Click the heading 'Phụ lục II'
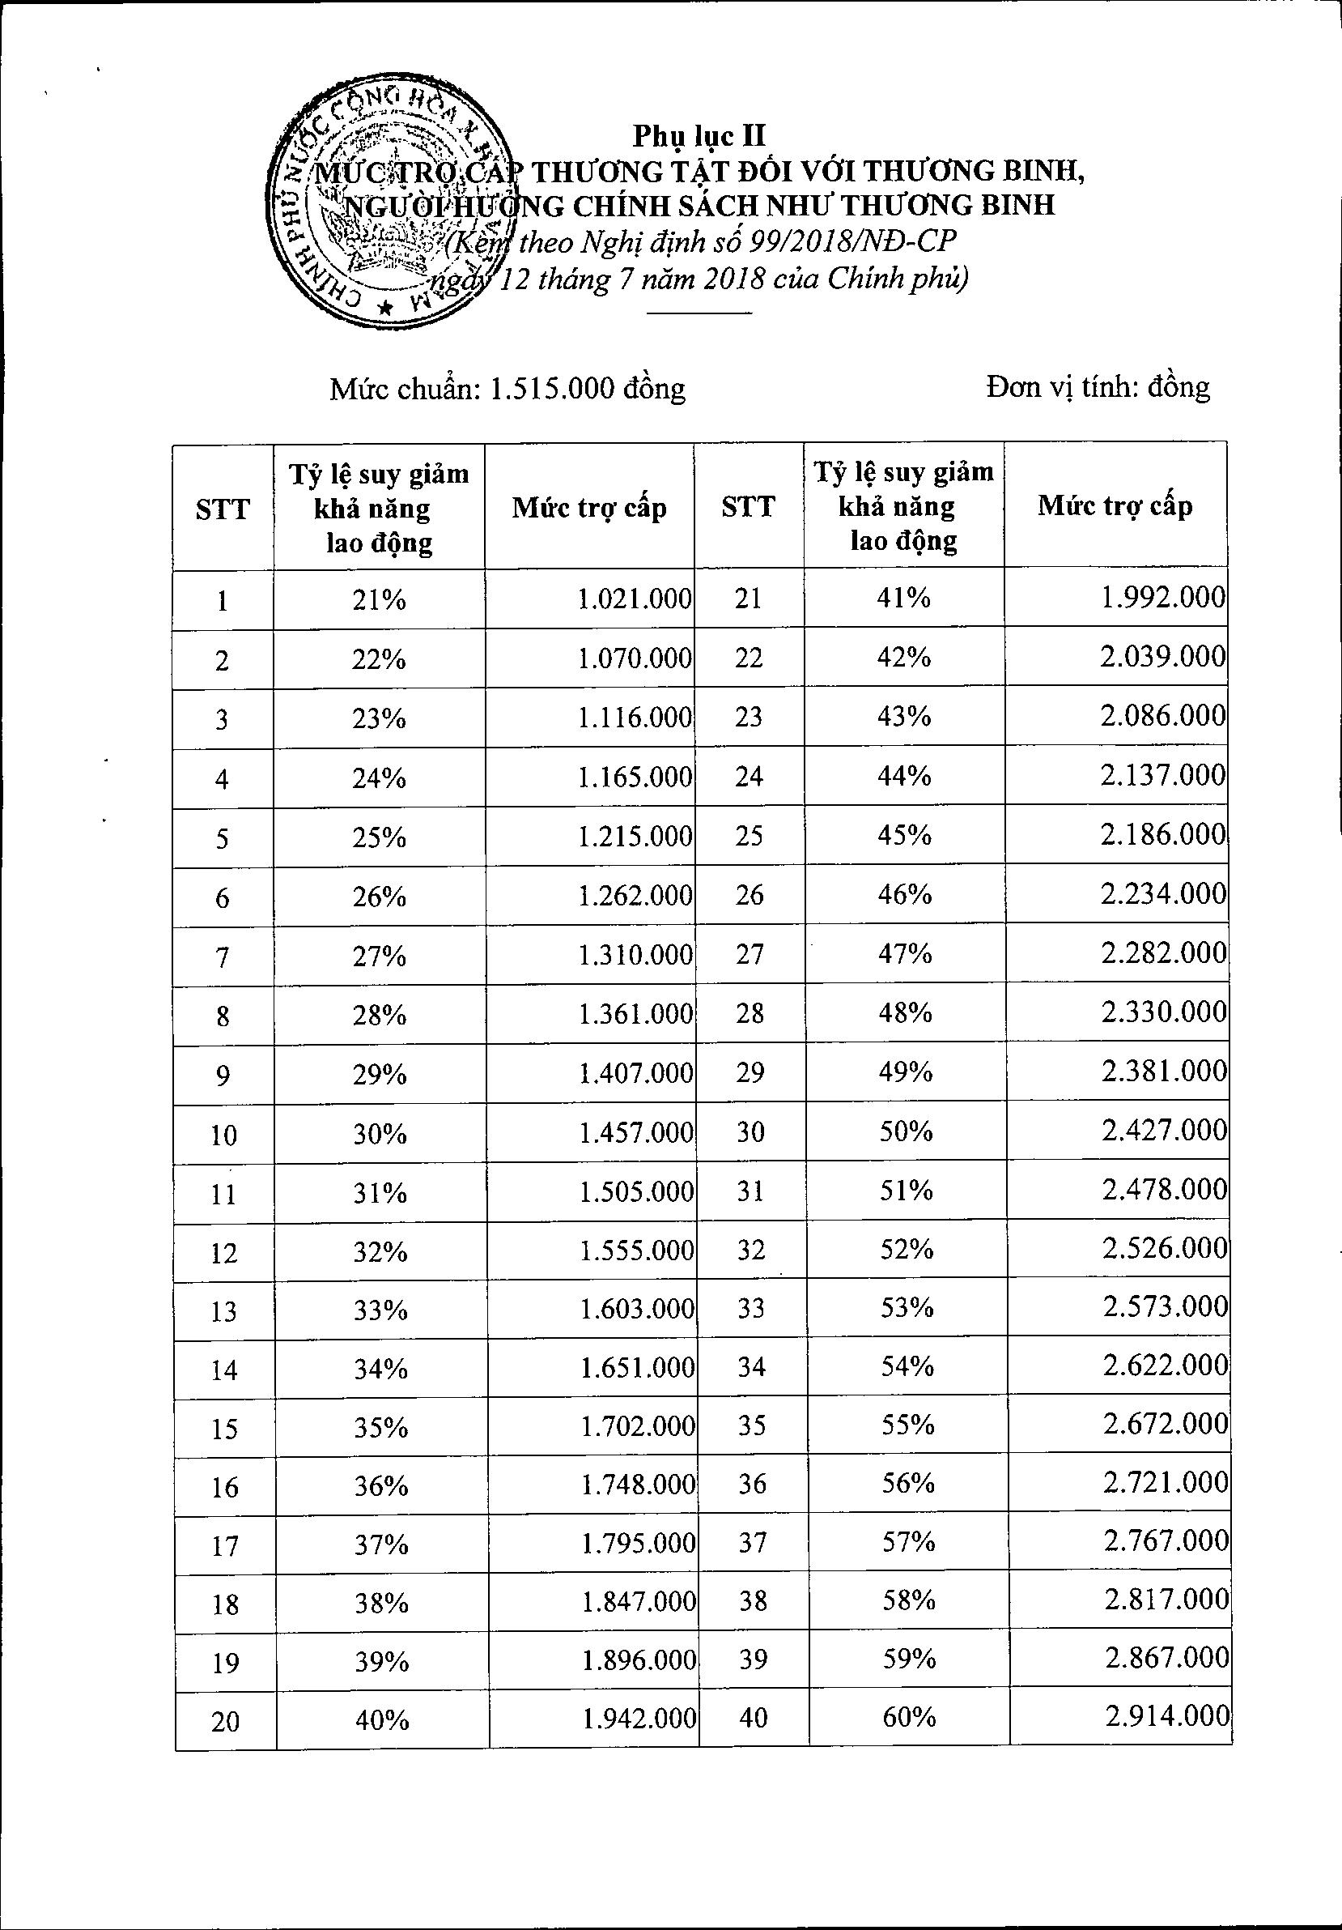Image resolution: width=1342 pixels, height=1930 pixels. point(699,135)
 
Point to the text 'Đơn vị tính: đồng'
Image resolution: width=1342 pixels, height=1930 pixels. point(1098,386)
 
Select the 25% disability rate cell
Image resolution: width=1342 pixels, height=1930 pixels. point(379,837)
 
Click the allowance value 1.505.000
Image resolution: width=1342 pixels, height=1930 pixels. point(636,1192)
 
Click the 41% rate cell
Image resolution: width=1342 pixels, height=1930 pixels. point(904,598)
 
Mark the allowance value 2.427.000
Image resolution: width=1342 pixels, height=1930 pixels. point(1165,1131)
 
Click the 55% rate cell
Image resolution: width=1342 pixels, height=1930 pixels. point(907,1425)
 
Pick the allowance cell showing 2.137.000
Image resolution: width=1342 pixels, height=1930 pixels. point(1163,774)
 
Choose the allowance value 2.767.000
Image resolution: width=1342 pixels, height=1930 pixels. point(1166,1540)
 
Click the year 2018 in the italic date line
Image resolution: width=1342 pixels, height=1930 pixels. point(733,279)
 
